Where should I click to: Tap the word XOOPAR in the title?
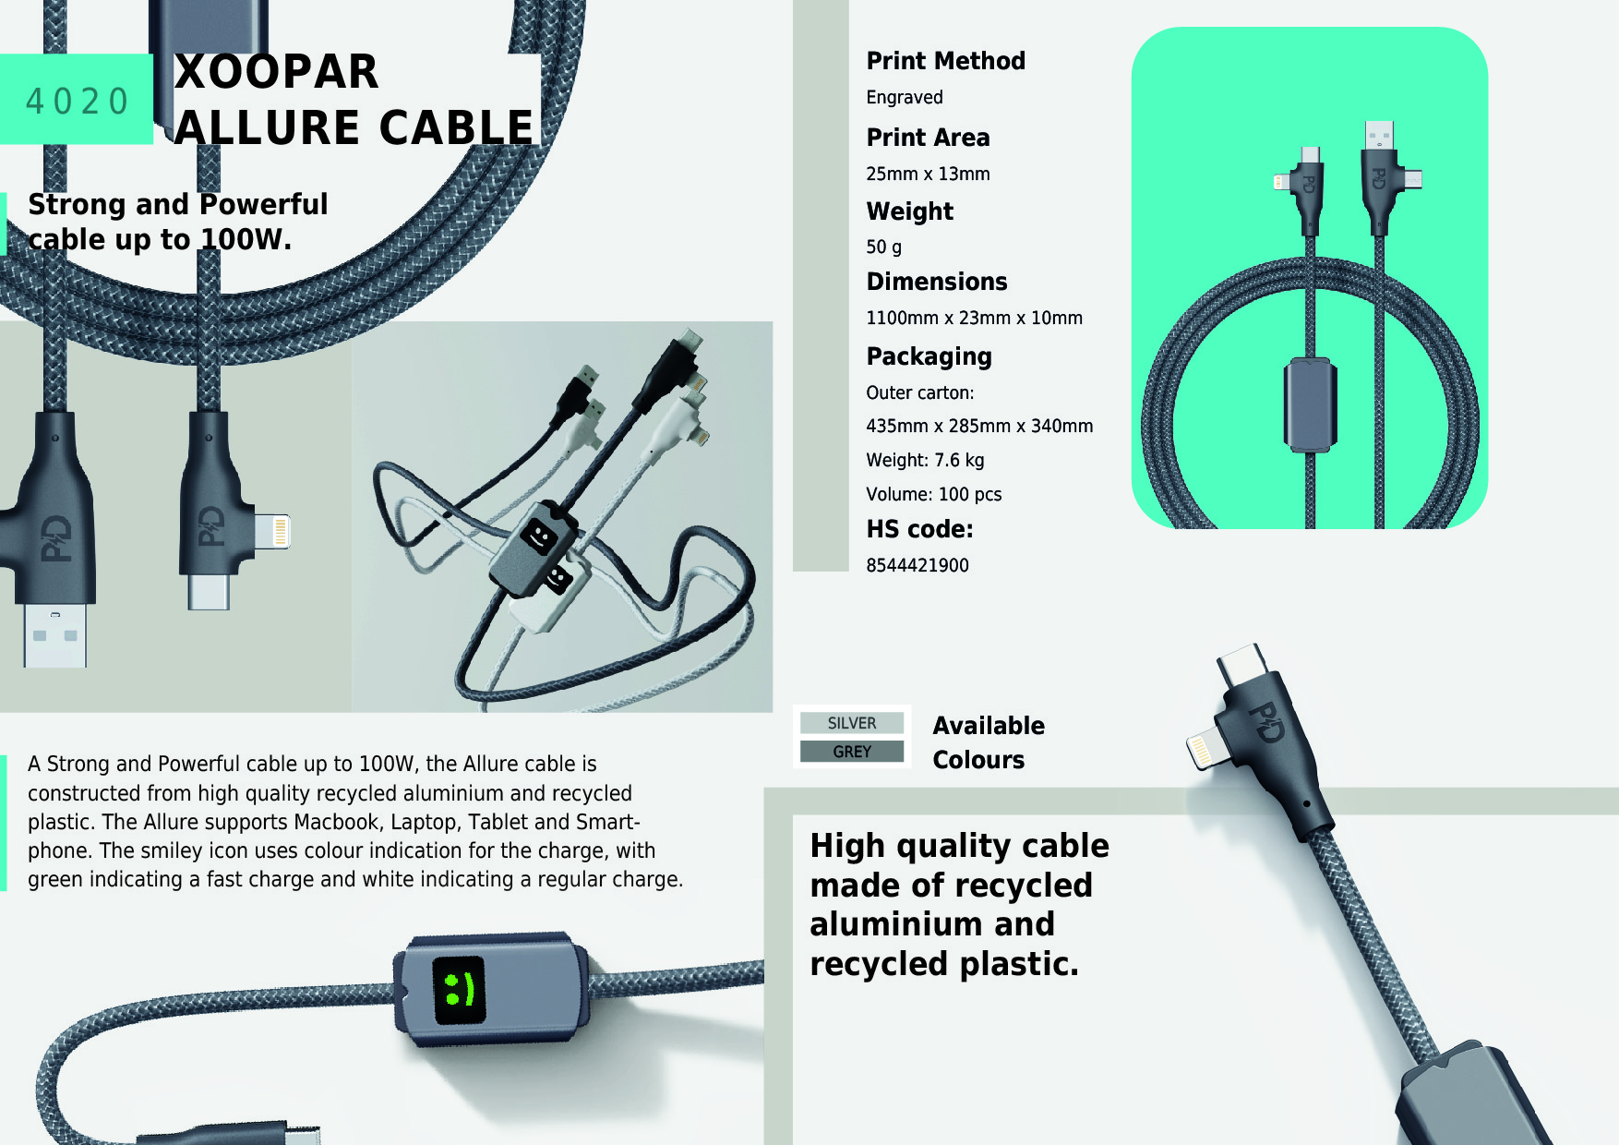tap(277, 72)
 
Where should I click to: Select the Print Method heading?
tap(945, 61)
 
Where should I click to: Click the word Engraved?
tap(904, 98)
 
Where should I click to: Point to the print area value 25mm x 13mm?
tap(927, 175)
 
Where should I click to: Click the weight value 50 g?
tap(883, 247)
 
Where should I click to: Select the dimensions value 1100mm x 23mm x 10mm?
tap(974, 319)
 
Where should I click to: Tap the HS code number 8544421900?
tap(917, 566)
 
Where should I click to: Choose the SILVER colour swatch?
tap(851, 723)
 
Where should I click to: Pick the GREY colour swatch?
tap(851, 752)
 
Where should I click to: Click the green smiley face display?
tap(459, 990)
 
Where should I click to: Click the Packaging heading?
tap(929, 356)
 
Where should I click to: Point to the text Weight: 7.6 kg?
tap(924, 461)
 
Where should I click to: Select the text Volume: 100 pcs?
tap(933, 495)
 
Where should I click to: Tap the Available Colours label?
tap(988, 742)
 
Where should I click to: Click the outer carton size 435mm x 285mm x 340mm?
tap(978, 427)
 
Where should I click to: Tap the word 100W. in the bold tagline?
tap(246, 240)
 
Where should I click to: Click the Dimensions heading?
tap(936, 282)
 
